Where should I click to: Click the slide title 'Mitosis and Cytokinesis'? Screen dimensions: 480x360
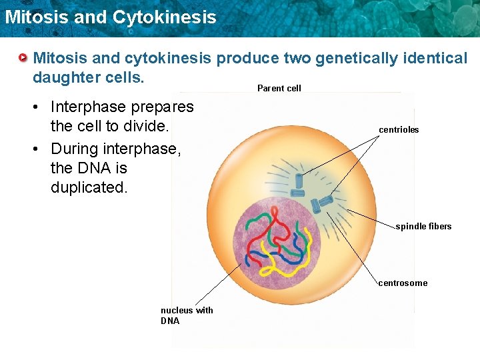[110, 17]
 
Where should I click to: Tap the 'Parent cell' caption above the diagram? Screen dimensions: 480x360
[279, 88]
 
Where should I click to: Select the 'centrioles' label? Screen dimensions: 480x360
[399, 130]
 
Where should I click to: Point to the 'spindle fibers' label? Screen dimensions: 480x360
[423, 227]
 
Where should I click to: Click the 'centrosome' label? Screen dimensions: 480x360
[403, 283]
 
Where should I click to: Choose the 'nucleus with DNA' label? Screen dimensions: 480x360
[186, 315]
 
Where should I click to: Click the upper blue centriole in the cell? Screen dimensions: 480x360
[299, 180]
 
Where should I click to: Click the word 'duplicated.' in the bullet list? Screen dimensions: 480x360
[89, 187]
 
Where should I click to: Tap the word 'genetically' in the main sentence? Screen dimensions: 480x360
[353, 59]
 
